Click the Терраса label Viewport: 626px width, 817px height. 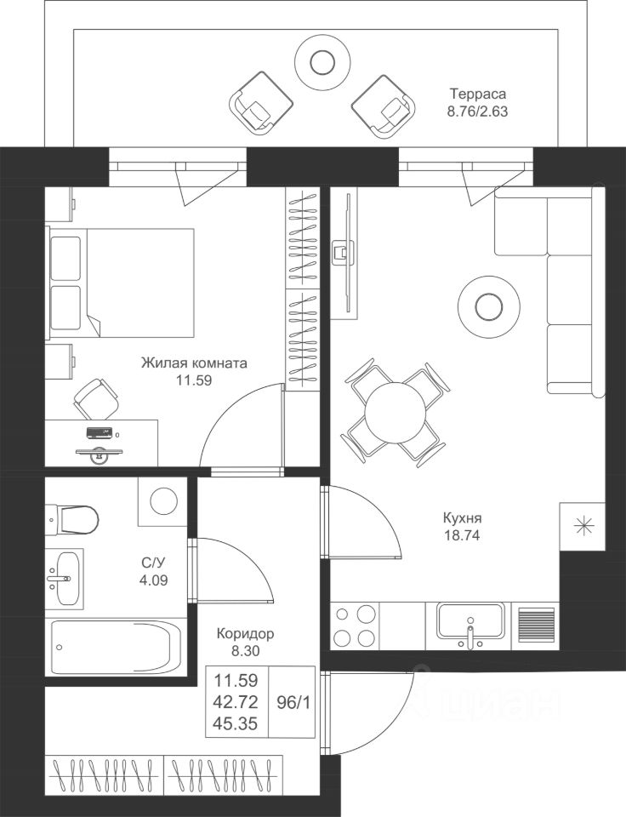point(478,94)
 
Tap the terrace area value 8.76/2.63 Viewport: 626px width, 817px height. point(477,111)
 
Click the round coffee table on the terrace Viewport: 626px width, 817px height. point(322,62)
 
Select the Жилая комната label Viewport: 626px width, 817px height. point(194,363)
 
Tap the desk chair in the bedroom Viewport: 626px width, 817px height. point(96,398)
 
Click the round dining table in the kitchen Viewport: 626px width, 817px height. point(395,413)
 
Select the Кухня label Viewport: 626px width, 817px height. point(462,518)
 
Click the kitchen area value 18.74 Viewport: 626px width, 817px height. point(462,535)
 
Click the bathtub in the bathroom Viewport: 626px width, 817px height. point(112,648)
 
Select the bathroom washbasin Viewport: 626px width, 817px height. point(65,578)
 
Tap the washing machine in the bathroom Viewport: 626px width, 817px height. point(162,501)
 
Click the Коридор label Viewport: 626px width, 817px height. point(245,634)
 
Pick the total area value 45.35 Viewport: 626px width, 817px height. point(236,723)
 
